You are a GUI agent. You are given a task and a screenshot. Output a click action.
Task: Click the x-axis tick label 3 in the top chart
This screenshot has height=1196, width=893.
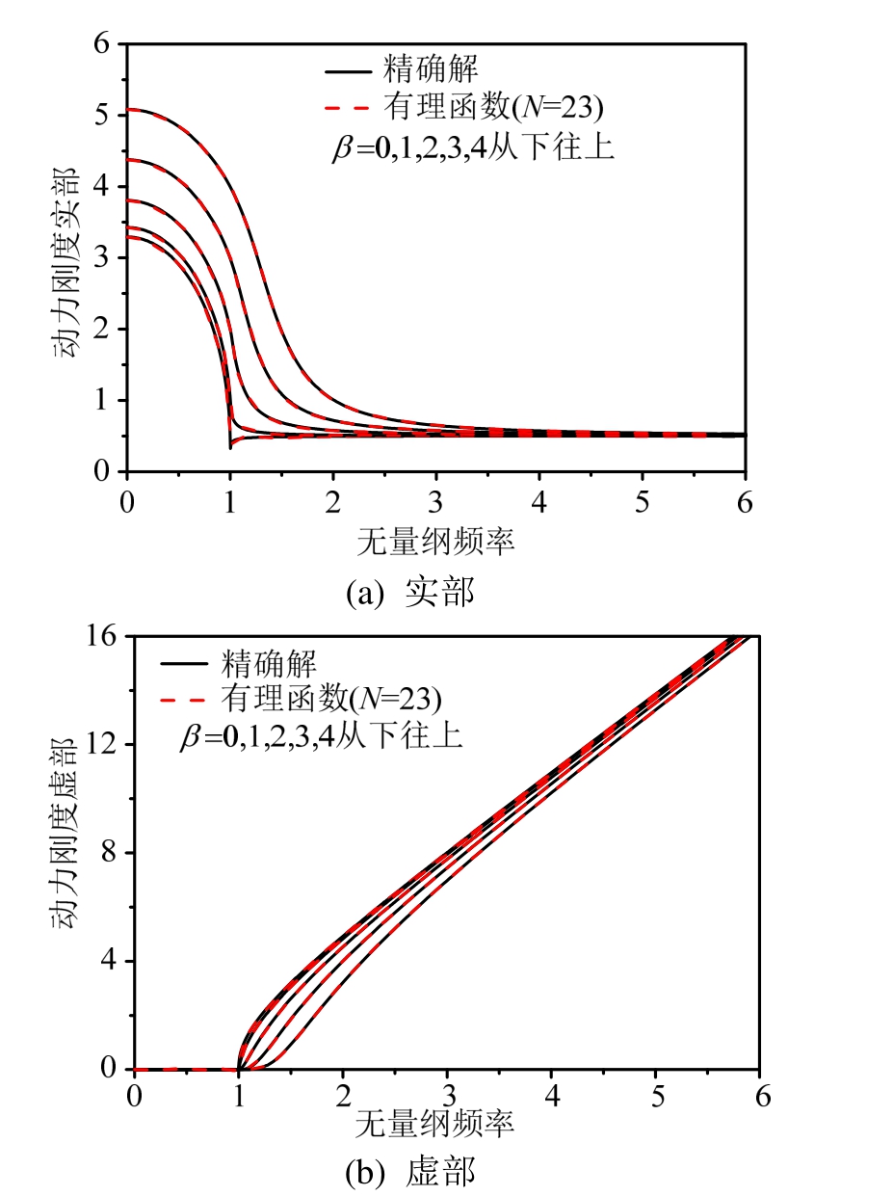click(436, 501)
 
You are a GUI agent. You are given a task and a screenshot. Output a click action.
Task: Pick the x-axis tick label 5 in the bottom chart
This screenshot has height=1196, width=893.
click(655, 1097)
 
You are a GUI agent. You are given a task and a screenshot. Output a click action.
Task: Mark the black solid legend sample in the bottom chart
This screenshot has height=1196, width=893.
click(187, 664)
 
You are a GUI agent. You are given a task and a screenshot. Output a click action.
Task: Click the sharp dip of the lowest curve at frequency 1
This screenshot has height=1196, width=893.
click(229, 447)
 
